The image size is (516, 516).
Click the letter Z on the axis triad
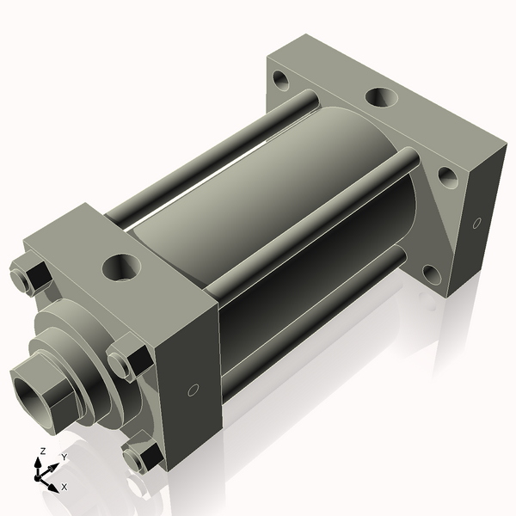tap(42, 451)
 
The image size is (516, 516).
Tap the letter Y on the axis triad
tap(64, 458)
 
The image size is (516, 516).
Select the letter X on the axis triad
tap(64, 487)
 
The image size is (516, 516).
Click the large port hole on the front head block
tap(121, 267)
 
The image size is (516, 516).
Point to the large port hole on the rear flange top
tap(381, 97)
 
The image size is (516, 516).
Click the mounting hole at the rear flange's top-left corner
tap(281, 80)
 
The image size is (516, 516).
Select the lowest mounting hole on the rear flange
tap(432, 275)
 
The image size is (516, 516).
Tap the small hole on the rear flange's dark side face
tap(476, 223)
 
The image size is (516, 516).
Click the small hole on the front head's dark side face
tap(193, 390)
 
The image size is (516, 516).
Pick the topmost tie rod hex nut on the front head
tap(31, 272)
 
